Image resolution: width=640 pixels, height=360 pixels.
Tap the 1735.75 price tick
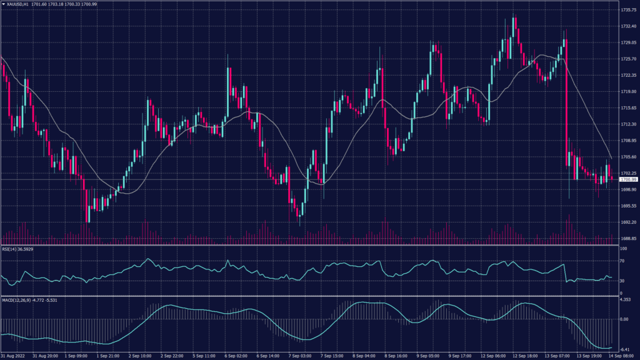point(628,10)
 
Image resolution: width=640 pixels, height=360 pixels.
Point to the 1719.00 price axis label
point(628,92)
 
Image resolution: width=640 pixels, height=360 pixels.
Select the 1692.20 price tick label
point(628,222)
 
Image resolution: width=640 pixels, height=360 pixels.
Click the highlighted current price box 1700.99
point(627,179)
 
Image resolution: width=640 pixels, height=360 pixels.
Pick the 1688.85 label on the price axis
point(628,239)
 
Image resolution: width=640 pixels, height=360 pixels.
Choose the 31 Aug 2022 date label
point(14,356)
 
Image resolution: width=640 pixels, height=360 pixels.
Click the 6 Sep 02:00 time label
point(236,356)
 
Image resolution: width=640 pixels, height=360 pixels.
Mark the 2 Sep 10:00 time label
point(140,356)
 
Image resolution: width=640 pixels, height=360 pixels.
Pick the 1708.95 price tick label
point(628,141)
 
